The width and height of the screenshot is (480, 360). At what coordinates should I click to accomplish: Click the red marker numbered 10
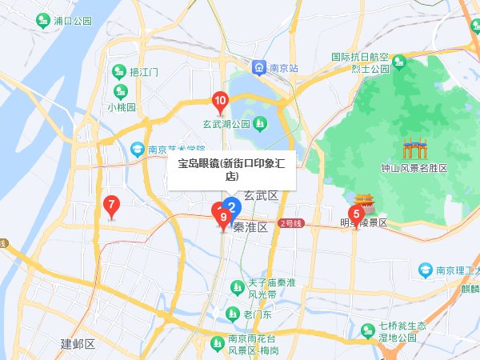pos(220,101)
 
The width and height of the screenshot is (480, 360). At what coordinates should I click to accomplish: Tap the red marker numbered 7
pos(111,204)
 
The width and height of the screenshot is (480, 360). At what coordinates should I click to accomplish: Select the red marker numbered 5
pos(356,213)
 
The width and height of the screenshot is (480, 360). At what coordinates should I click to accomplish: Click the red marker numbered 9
pos(223,217)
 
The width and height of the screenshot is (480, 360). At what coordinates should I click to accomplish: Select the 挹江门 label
pos(144,72)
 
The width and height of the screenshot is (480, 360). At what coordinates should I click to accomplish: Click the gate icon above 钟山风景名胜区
pos(414,149)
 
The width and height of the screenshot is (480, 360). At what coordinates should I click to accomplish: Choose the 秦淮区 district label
pos(250,227)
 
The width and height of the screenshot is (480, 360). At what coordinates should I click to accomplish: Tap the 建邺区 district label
pos(78,344)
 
